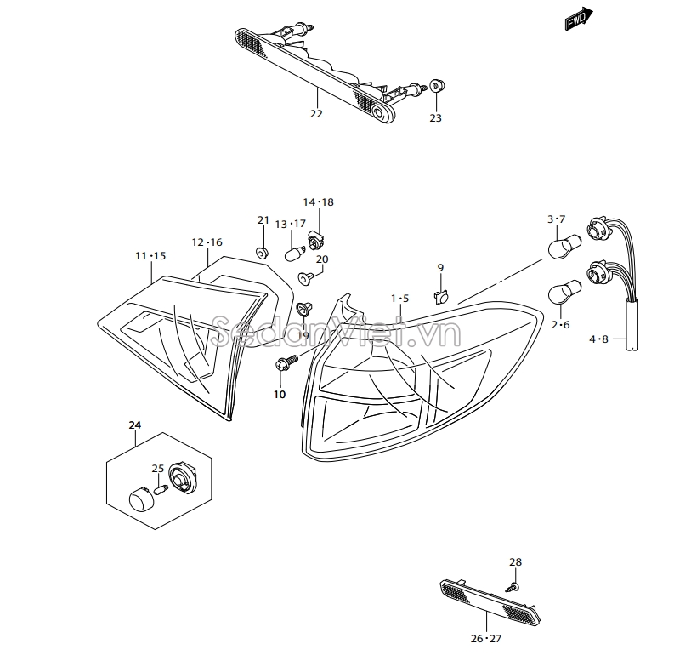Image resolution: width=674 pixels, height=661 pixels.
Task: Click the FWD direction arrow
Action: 578,19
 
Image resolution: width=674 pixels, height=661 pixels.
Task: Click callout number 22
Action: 316,114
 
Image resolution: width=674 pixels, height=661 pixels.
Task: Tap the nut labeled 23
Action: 436,85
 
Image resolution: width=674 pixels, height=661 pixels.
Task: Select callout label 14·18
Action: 319,202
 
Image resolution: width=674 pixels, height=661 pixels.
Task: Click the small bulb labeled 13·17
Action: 296,253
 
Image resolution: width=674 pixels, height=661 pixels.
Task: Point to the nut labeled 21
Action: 262,252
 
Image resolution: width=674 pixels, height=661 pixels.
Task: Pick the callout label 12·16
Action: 207,242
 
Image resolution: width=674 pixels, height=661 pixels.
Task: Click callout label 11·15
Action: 150,255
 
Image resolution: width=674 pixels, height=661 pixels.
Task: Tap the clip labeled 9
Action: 440,297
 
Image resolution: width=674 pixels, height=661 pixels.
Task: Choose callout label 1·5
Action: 400,299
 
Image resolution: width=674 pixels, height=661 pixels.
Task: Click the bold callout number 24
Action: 135,424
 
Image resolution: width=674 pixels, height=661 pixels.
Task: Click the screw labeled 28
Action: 513,586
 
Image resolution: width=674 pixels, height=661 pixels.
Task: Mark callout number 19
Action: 303,335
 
